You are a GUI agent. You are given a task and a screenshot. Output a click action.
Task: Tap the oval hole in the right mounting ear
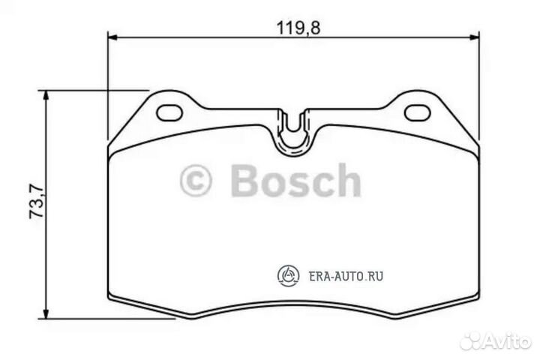[x=415, y=112]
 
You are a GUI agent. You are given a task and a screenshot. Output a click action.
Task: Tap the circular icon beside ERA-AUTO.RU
[x=289, y=276]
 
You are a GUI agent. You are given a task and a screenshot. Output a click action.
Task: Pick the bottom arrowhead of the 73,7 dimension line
[x=47, y=313]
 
